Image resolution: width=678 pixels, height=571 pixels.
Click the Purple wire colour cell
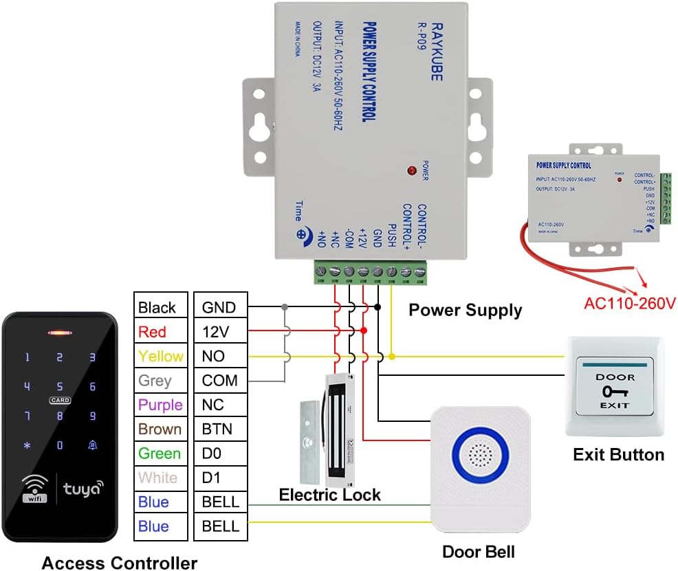coord(160,405)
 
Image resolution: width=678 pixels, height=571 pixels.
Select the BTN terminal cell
coord(219,429)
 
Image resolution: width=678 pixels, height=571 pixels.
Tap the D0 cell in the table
coord(219,454)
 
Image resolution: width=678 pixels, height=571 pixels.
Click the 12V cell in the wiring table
coord(219,332)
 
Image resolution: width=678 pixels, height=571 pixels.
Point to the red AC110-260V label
coord(630,303)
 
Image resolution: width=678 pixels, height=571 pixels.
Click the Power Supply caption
coord(465,310)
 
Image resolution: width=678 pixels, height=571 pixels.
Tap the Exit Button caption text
coord(618,454)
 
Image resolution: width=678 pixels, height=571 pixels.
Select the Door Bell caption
coord(478,552)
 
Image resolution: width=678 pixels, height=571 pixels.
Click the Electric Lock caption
coord(329,495)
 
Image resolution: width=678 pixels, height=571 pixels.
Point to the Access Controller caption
coord(120,563)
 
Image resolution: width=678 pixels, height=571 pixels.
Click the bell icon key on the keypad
coord(92,445)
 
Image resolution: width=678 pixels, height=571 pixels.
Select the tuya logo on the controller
coord(83,489)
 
